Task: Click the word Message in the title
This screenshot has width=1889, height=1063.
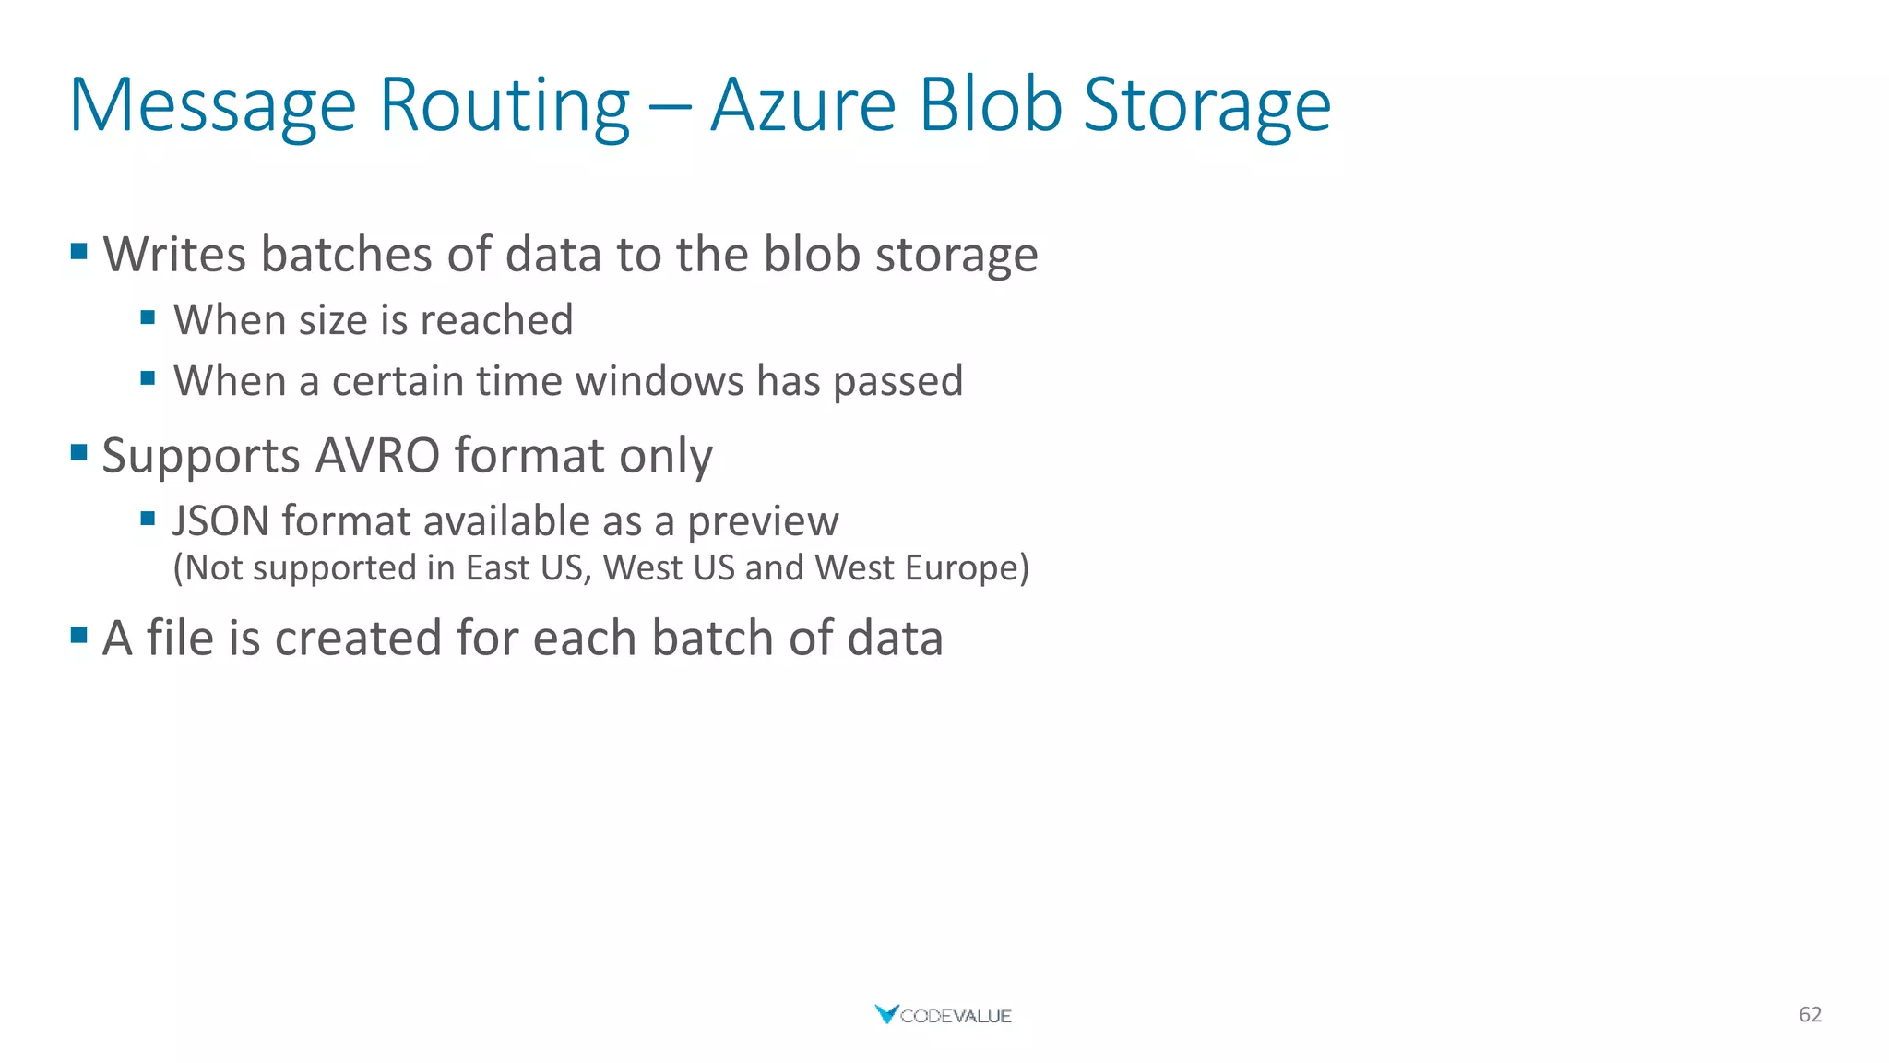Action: (212, 106)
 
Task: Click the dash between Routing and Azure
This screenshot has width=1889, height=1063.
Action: (670, 107)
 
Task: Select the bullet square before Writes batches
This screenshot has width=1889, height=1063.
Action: (79, 250)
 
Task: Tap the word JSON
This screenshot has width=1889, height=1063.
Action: (220, 521)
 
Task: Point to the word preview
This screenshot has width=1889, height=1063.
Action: (763, 522)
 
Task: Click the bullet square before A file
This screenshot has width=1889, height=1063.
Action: (79, 635)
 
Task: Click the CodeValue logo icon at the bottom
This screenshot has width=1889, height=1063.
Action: (885, 1014)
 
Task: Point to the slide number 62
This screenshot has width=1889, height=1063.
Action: (1810, 1015)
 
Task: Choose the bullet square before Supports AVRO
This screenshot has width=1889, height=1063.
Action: (79, 452)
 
